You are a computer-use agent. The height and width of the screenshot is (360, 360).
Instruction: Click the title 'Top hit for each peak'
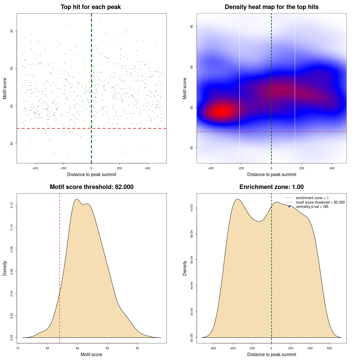(91, 7)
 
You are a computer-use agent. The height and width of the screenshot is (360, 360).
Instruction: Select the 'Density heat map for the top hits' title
(271, 7)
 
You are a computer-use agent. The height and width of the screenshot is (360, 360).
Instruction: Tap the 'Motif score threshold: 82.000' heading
(91, 187)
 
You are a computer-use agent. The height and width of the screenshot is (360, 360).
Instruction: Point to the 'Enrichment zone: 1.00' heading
(271, 187)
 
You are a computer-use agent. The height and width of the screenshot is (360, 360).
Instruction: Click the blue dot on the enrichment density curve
(289, 206)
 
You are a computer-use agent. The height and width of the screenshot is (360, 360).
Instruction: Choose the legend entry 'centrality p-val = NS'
(312, 207)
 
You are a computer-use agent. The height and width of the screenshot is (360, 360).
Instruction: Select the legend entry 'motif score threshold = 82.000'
(320, 202)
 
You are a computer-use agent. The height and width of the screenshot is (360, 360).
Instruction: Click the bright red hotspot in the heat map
(222, 111)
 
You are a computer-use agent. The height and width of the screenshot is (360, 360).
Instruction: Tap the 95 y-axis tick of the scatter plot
(12, 31)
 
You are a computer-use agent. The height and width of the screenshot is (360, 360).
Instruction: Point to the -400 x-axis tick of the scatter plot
(35, 168)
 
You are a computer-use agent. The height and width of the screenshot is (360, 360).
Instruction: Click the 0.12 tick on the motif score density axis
(12, 206)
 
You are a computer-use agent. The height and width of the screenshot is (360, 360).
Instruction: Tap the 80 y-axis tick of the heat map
(192, 148)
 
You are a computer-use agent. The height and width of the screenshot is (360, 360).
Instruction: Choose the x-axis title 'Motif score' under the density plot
(91, 354)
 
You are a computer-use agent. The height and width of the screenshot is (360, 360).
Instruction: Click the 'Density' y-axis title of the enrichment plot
(185, 268)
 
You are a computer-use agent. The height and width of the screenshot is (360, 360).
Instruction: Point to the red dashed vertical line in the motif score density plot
(60, 253)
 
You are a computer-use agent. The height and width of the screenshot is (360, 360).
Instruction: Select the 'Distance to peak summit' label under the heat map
(271, 174)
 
